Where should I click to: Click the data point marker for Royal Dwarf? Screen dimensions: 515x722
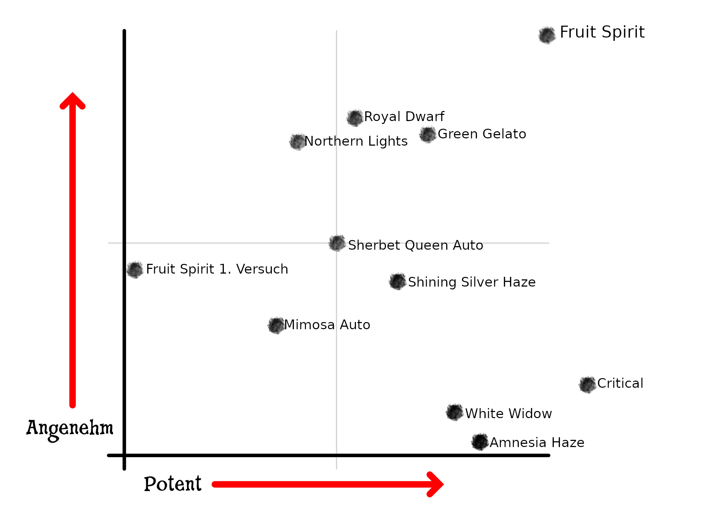point(355,118)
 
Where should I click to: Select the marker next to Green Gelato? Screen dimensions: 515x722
point(428,135)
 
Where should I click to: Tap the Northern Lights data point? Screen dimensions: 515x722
point(298,142)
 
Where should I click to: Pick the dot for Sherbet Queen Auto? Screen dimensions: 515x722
point(337,243)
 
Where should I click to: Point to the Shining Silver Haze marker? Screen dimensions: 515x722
point(398,282)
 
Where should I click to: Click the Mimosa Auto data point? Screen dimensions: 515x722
point(277,326)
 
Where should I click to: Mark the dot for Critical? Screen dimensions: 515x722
point(587,385)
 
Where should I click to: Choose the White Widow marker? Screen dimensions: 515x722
point(454,412)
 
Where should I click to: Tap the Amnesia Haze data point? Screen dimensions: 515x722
point(480,442)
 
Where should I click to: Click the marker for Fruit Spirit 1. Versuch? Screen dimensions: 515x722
point(135,270)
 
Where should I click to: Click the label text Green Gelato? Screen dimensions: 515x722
point(482,134)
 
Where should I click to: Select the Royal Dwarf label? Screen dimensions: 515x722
point(404,117)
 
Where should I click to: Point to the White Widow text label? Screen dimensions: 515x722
point(508,413)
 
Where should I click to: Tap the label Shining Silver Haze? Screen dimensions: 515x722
point(471,282)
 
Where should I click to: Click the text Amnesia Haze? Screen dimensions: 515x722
point(537,442)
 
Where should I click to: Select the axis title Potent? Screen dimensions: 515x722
point(173,484)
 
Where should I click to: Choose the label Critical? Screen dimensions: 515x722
point(620,383)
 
